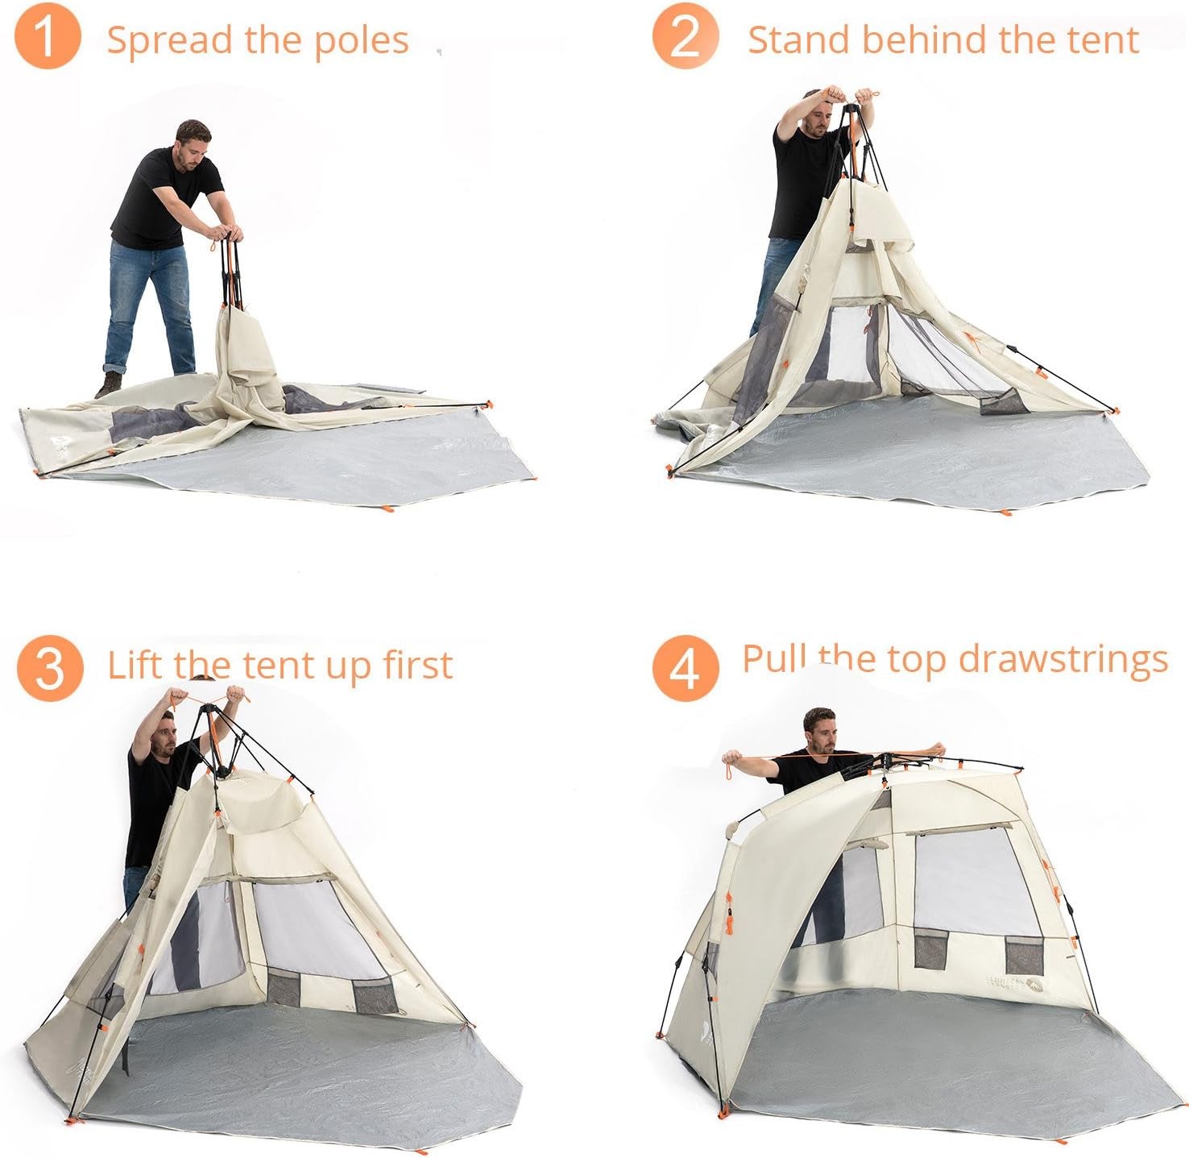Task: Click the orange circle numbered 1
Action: coord(48,36)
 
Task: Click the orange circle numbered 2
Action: coord(685,36)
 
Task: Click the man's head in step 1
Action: coord(193,143)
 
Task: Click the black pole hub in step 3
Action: coord(208,711)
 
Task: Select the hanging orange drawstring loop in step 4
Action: coord(729,769)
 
